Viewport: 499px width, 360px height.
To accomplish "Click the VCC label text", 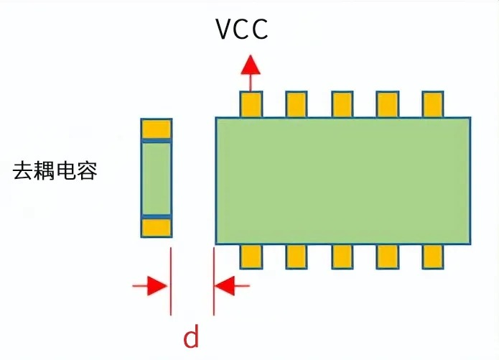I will pyautogui.click(x=242, y=29).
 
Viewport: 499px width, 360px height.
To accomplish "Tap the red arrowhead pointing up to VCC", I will pyautogui.click(x=251, y=65).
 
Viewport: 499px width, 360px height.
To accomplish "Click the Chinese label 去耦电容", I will pyautogui.click(x=55, y=171).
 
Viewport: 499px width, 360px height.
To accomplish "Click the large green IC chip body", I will pyautogui.click(x=343, y=180).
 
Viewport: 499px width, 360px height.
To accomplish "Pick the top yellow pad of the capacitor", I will pyautogui.click(x=157, y=129).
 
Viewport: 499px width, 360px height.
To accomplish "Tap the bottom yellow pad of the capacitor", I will pyautogui.click(x=157, y=227).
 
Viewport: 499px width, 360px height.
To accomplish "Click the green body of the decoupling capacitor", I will pyautogui.click(x=157, y=178).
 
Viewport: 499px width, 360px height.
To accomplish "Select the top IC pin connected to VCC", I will pyautogui.click(x=251, y=104).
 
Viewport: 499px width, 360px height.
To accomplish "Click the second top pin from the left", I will pyautogui.click(x=297, y=104).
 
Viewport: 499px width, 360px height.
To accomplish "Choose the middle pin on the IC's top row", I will pyautogui.click(x=342, y=104).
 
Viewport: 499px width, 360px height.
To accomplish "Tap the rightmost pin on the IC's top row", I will pyautogui.click(x=432, y=104).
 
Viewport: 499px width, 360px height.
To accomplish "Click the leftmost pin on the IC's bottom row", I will pyautogui.click(x=251, y=256).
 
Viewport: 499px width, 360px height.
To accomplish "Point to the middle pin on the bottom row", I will pyautogui.click(x=342, y=256).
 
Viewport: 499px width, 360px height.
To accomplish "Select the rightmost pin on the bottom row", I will pyautogui.click(x=432, y=256).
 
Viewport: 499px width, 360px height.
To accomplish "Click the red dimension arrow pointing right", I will pyautogui.click(x=152, y=286).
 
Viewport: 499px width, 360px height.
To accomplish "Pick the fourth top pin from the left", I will pyautogui.click(x=387, y=104).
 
